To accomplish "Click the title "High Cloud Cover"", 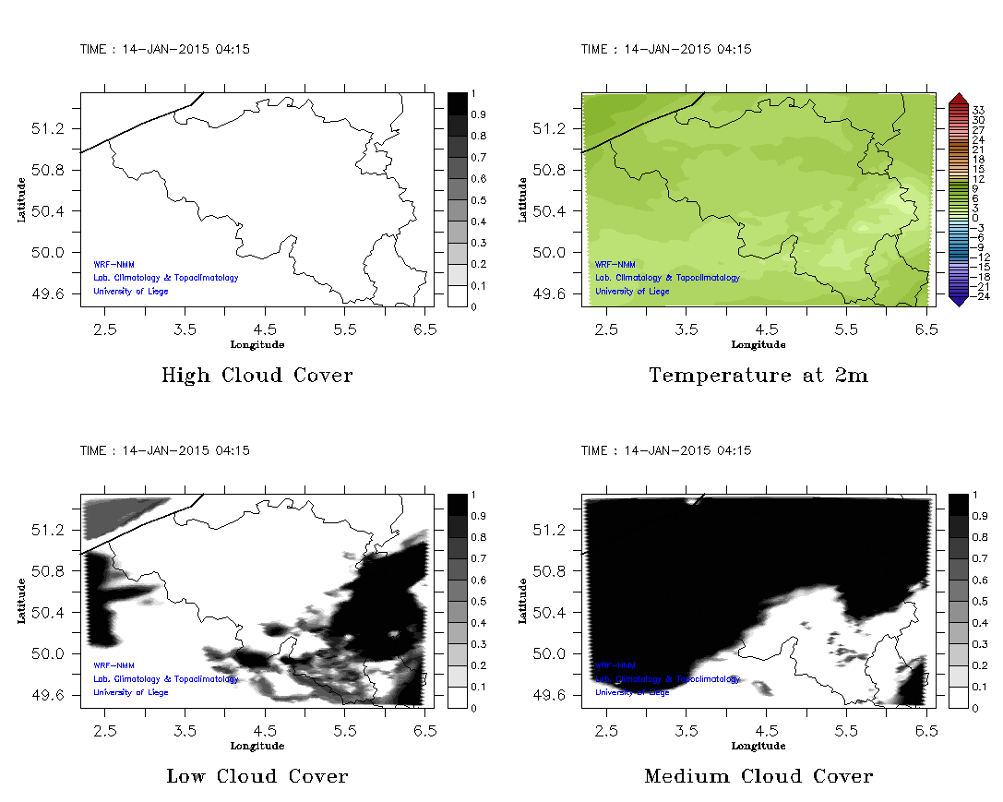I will [257, 376].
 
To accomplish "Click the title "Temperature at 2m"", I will [758, 376].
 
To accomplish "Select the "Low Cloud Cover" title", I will [257, 776].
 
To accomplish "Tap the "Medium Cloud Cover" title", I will [758, 776].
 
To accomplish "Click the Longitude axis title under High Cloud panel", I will [257, 344].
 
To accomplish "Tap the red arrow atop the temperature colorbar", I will [957, 99].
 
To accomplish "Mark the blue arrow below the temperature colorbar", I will [957, 299].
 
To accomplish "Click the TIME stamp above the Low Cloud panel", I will [165, 450].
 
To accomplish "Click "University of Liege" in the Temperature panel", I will [632, 291].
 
